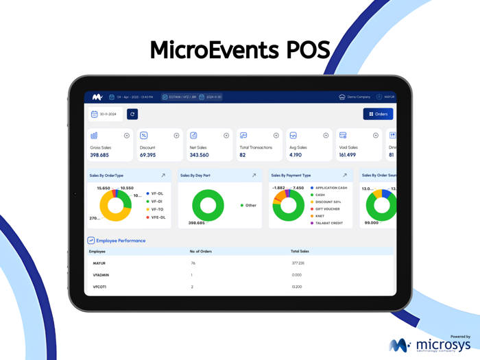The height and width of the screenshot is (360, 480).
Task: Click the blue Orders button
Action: [379, 114]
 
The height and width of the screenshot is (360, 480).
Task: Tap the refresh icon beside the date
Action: [132, 114]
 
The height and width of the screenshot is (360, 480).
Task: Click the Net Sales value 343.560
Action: [199, 155]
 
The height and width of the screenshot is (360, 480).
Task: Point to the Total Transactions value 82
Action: [243, 155]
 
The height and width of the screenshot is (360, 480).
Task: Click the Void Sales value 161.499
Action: [348, 155]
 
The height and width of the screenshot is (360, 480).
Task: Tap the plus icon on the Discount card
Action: [176, 136]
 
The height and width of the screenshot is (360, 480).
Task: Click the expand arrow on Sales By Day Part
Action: [254, 176]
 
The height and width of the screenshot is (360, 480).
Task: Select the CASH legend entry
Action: [320, 195]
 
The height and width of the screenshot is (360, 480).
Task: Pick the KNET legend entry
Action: [320, 216]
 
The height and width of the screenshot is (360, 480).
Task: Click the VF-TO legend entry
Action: [158, 209]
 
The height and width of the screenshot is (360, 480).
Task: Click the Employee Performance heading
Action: [121, 241]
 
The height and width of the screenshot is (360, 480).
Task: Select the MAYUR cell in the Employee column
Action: [99, 263]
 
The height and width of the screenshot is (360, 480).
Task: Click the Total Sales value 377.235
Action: [298, 263]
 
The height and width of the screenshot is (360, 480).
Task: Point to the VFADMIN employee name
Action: [101, 274]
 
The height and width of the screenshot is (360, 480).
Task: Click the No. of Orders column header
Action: [200, 252]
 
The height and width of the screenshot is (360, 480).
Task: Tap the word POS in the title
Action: [306, 49]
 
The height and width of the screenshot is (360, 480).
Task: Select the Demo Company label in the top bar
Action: [359, 97]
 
